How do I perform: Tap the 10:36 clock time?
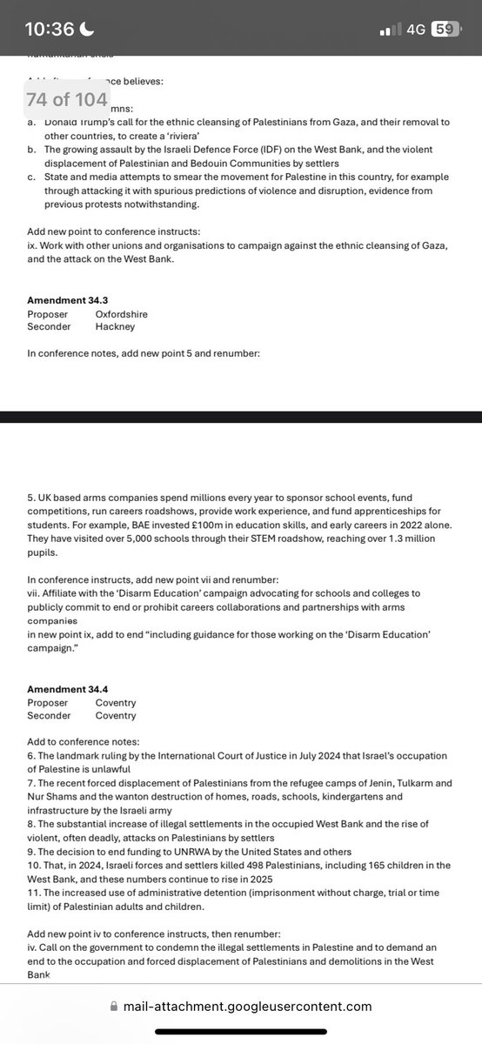tap(50, 29)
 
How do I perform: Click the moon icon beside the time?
tap(87, 29)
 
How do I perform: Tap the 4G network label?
tap(415, 29)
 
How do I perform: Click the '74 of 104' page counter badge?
tap(67, 99)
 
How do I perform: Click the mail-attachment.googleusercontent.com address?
tap(247, 1006)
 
